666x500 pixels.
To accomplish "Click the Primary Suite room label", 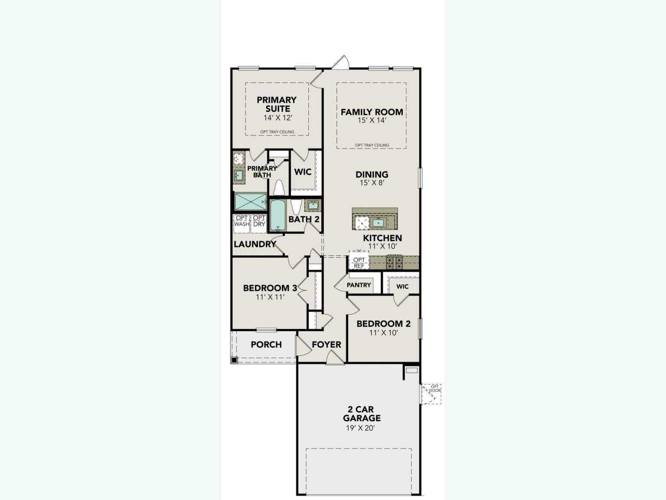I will [x=277, y=105].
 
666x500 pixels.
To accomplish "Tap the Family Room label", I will [x=372, y=112].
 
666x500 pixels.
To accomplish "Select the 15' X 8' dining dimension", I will [x=372, y=183].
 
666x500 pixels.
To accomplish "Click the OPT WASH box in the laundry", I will [x=242, y=221].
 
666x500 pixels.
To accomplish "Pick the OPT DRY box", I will [x=259, y=221].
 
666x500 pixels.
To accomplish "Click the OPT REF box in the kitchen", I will [x=359, y=263].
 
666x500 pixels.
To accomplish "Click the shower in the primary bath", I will [x=250, y=202].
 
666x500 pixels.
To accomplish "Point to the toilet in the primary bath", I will [x=278, y=187].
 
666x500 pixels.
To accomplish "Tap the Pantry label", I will [x=359, y=285].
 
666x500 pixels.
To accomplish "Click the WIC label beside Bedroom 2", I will [x=402, y=286].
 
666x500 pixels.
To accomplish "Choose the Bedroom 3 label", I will [x=270, y=288].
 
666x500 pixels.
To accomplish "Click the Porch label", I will [x=266, y=345].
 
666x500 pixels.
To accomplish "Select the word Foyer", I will [x=326, y=345].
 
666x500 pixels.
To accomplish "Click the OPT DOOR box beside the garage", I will [x=432, y=394].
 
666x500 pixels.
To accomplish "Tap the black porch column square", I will [x=234, y=360].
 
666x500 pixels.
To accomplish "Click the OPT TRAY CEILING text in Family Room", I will [x=372, y=145].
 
